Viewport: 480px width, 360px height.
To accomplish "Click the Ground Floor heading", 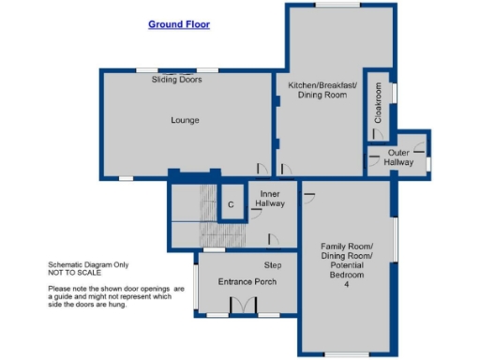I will (x=178, y=24).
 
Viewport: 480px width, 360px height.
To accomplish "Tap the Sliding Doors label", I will (x=176, y=80).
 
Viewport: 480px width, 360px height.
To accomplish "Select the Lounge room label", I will (x=185, y=120).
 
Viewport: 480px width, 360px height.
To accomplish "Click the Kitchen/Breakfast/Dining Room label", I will (x=322, y=91).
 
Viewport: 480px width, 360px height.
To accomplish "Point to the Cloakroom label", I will (x=379, y=105).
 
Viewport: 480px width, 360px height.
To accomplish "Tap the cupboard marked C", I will (x=230, y=204).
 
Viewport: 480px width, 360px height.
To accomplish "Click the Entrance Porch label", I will (x=246, y=281).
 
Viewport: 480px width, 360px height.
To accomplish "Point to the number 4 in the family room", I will (x=345, y=284).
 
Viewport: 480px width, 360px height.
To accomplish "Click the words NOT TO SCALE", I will (x=75, y=274).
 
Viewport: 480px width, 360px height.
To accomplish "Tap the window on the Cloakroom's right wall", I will (x=394, y=94).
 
